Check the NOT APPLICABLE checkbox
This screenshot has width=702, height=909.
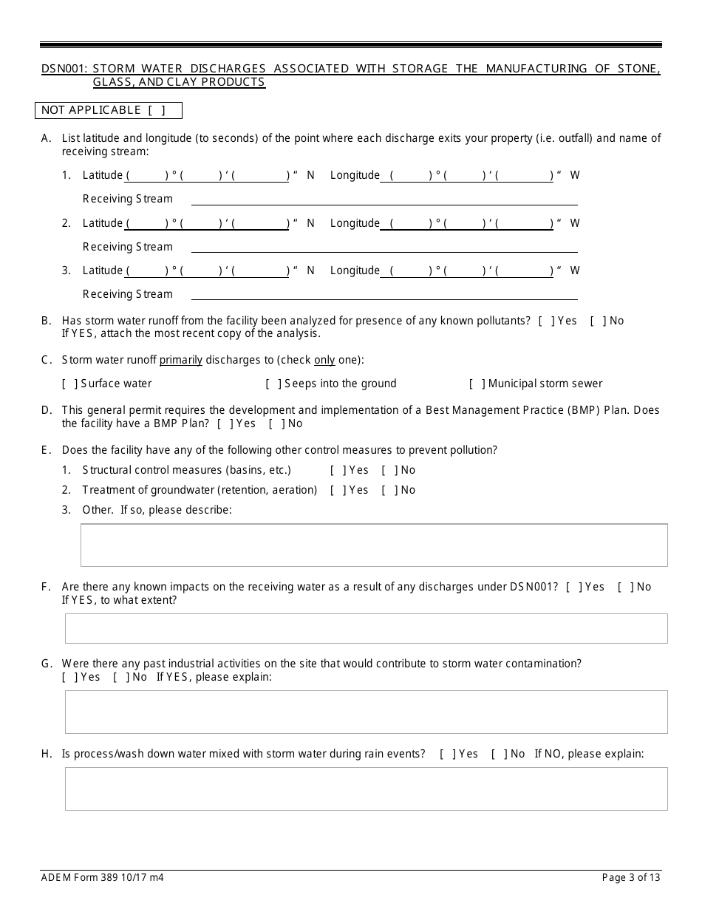(155, 110)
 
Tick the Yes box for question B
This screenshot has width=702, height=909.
(545, 321)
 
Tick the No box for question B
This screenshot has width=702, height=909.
(597, 321)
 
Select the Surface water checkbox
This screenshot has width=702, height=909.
(69, 384)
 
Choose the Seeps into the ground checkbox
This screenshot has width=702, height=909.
(273, 384)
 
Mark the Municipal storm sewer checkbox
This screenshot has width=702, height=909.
(477, 384)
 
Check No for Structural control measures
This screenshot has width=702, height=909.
(389, 470)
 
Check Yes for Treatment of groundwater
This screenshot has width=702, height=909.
(338, 490)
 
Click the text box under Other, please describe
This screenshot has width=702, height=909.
(373, 545)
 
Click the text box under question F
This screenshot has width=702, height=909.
(366, 628)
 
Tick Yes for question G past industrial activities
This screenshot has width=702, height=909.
(69, 677)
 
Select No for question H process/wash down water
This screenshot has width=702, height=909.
(499, 754)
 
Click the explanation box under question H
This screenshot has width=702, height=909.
(366, 789)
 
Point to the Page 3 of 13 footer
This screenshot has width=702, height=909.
(631, 878)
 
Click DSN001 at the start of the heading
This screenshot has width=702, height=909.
(64, 69)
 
